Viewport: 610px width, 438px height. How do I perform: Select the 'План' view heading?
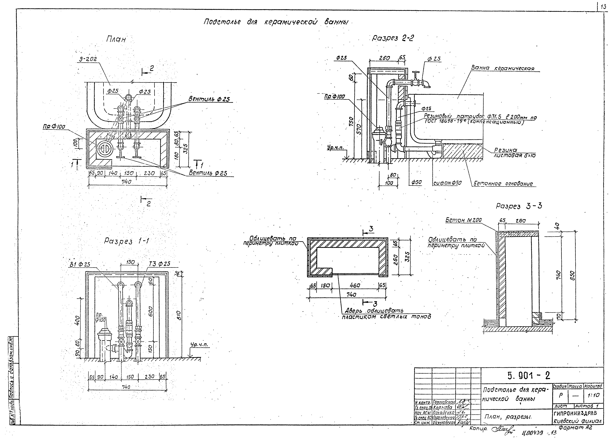pos(116,40)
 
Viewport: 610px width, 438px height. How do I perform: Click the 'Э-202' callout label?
pos(88,60)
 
